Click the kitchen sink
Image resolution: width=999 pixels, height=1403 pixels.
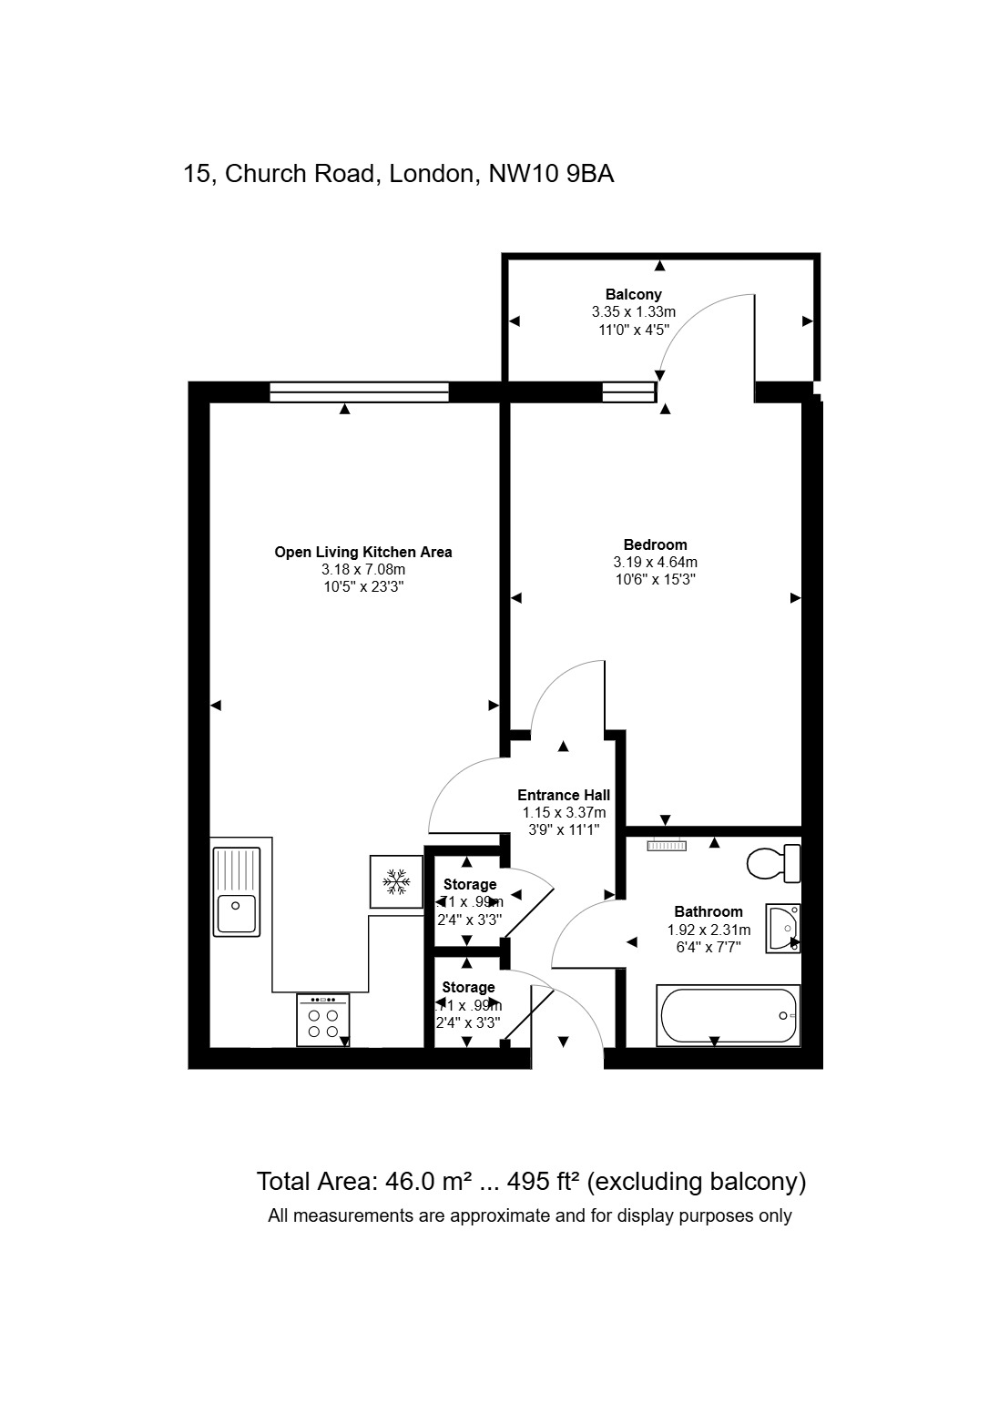(x=237, y=891)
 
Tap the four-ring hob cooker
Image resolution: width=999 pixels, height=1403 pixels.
(x=322, y=1020)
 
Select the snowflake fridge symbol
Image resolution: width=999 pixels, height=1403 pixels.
(x=396, y=881)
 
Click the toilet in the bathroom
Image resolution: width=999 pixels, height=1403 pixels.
(x=773, y=863)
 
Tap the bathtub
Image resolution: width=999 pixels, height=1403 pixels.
(x=729, y=1015)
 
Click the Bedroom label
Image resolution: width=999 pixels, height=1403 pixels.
(x=655, y=545)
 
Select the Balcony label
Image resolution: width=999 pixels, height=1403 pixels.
(x=633, y=294)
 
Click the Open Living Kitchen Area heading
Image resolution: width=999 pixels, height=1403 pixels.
(x=363, y=552)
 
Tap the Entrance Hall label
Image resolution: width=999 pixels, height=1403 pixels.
(x=564, y=795)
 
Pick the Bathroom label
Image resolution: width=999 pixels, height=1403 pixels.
(x=708, y=911)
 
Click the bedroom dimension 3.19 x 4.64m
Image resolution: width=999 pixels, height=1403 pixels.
(x=655, y=563)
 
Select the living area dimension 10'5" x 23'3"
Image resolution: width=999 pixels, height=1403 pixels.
(x=363, y=587)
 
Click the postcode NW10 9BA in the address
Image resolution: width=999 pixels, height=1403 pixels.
(x=552, y=174)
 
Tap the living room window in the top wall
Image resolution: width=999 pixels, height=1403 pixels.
(x=359, y=392)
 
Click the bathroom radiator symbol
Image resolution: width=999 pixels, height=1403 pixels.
(x=666, y=846)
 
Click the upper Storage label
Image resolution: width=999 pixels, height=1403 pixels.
(x=470, y=884)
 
